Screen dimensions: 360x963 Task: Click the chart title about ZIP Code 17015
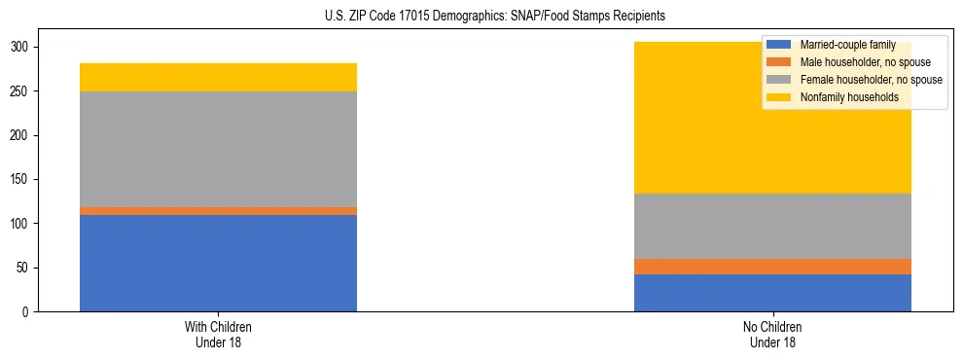click(481, 17)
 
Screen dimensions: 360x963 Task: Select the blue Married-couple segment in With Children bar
click(218, 263)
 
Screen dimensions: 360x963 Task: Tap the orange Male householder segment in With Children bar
click(218, 210)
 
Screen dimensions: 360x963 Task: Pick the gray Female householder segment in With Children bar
click(218, 149)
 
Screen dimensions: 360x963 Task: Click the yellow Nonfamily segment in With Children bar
click(218, 77)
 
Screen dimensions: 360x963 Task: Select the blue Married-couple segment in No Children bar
click(772, 293)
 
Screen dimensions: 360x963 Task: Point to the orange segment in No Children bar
click(772, 267)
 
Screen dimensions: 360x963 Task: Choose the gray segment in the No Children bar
click(772, 226)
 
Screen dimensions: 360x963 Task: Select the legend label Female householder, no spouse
click(870, 80)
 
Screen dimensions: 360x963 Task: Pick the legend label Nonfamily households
click(841, 97)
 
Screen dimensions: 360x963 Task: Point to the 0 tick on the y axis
click(28, 312)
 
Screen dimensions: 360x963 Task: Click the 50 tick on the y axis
click(25, 268)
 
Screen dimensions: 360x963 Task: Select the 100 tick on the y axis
click(22, 224)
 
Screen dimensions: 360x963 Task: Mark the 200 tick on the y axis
click(22, 135)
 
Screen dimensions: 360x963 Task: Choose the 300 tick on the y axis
click(22, 48)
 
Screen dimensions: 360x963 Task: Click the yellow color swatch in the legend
click(779, 97)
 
